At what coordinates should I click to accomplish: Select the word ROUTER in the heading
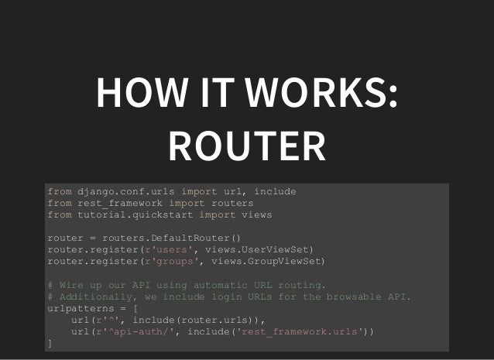pyautogui.click(x=246, y=145)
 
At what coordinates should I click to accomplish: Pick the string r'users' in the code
pyautogui.click(x=163, y=249)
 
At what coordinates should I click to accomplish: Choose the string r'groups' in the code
pyautogui.click(x=166, y=261)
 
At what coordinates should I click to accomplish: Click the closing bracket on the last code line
pyautogui.click(x=50, y=343)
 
